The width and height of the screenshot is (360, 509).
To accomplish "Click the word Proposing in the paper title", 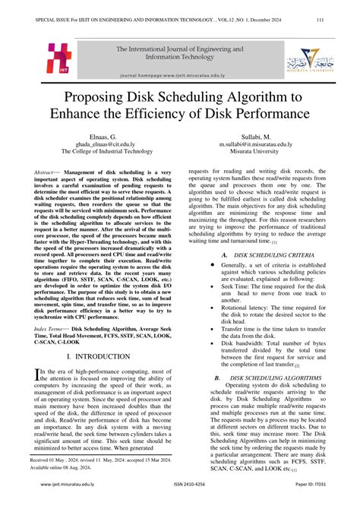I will click(106, 98).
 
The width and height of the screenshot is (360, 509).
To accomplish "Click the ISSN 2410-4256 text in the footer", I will click(180, 504).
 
